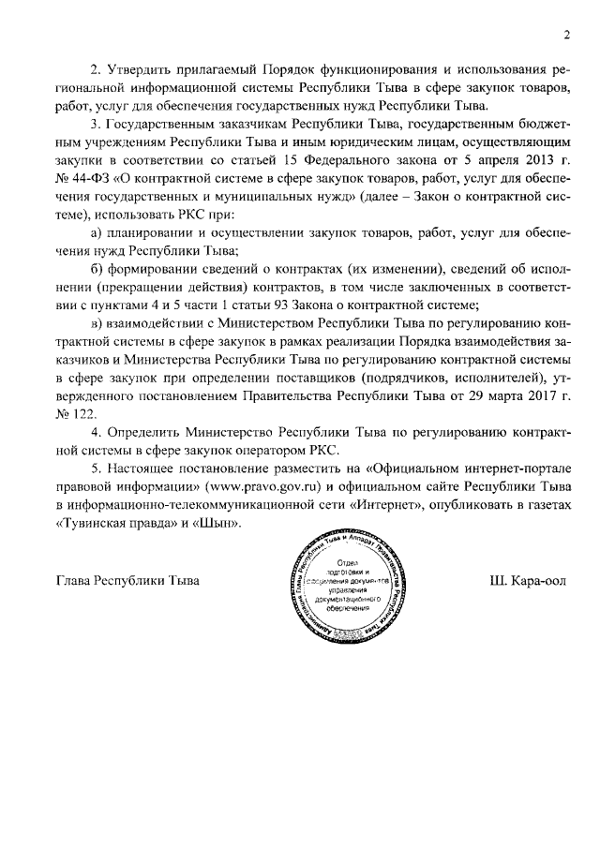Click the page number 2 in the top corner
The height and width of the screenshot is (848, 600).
[567, 35]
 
